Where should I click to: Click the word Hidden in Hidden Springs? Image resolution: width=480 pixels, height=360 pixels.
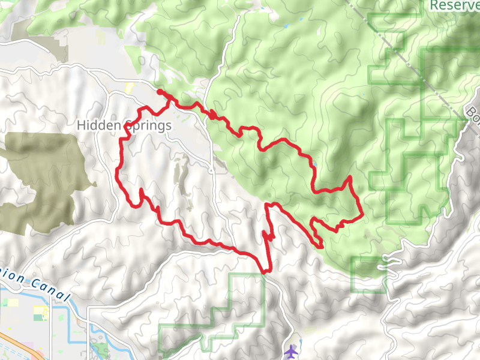pos(98,126)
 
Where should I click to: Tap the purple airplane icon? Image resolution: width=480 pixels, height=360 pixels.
pos(292,350)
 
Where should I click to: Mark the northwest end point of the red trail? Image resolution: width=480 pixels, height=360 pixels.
pos(159,92)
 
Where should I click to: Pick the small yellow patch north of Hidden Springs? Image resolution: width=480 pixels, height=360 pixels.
pos(128,88)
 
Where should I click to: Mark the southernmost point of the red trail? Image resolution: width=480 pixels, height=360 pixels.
pos(264,272)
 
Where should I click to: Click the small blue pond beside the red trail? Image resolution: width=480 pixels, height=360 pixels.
pos(313,163)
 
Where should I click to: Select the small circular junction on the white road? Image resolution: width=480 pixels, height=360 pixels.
pos(212,170)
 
